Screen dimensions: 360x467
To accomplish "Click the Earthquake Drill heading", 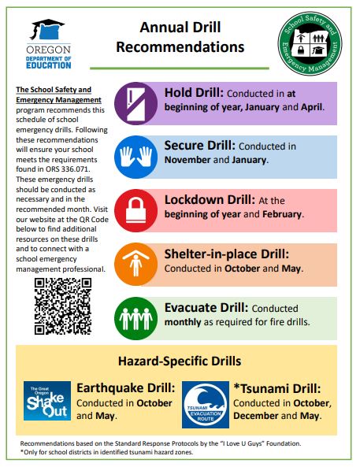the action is coord(124,388).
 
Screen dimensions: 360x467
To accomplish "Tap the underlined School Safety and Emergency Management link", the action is coord(58,95).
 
